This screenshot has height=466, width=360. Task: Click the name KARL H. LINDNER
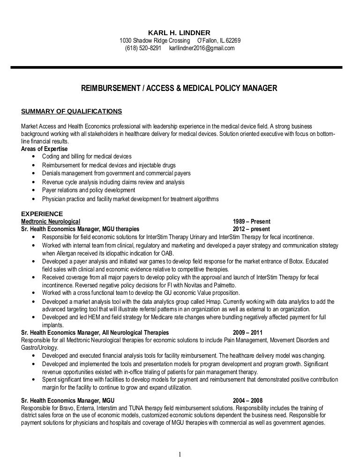tap(180, 32)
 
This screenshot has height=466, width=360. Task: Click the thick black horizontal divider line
tap(180, 68)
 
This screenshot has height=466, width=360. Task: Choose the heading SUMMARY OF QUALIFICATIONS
tap(72, 111)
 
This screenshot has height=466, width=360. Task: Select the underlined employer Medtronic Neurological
tap(51, 221)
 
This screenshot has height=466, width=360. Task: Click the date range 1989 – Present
tap(251, 221)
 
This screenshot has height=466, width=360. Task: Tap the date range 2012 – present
tap(251, 229)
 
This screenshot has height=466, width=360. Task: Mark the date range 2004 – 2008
tap(247, 401)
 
